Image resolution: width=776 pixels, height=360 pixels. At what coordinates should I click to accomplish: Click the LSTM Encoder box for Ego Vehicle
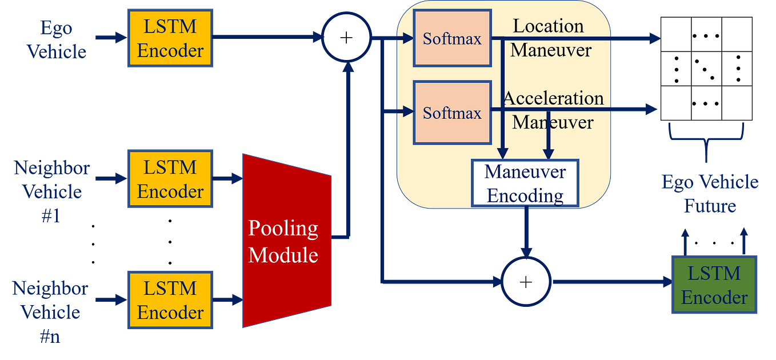pyautogui.click(x=170, y=38)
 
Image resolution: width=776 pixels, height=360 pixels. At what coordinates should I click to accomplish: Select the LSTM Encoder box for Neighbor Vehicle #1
pyautogui.click(x=170, y=179)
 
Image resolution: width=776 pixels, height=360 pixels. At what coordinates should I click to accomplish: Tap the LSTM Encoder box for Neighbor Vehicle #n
pyautogui.click(x=170, y=300)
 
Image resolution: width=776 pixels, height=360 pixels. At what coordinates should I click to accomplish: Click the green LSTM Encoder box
pyautogui.click(x=714, y=285)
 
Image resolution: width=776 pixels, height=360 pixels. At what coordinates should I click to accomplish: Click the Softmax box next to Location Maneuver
pyautogui.click(x=452, y=38)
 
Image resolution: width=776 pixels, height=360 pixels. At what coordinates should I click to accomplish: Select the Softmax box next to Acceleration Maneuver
pyautogui.click(x=452, y=113)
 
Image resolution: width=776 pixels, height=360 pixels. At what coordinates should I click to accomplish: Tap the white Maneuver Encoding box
pyautogui.click(x=525, y=183)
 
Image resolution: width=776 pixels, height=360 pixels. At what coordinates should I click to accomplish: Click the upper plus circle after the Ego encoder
pyautogui.click(x=346, y=38)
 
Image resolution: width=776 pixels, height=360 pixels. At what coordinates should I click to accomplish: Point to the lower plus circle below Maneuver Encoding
pyautogui.click(x=525, y=281)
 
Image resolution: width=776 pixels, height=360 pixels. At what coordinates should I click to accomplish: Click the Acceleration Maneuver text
pyautogui.click(x=553, y=110)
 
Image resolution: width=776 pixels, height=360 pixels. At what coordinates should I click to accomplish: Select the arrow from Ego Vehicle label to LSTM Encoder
pyautogui.click(x=110, y=38)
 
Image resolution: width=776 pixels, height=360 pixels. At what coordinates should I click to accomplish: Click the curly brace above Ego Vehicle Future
pyautogui.click(x=707, y=135)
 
